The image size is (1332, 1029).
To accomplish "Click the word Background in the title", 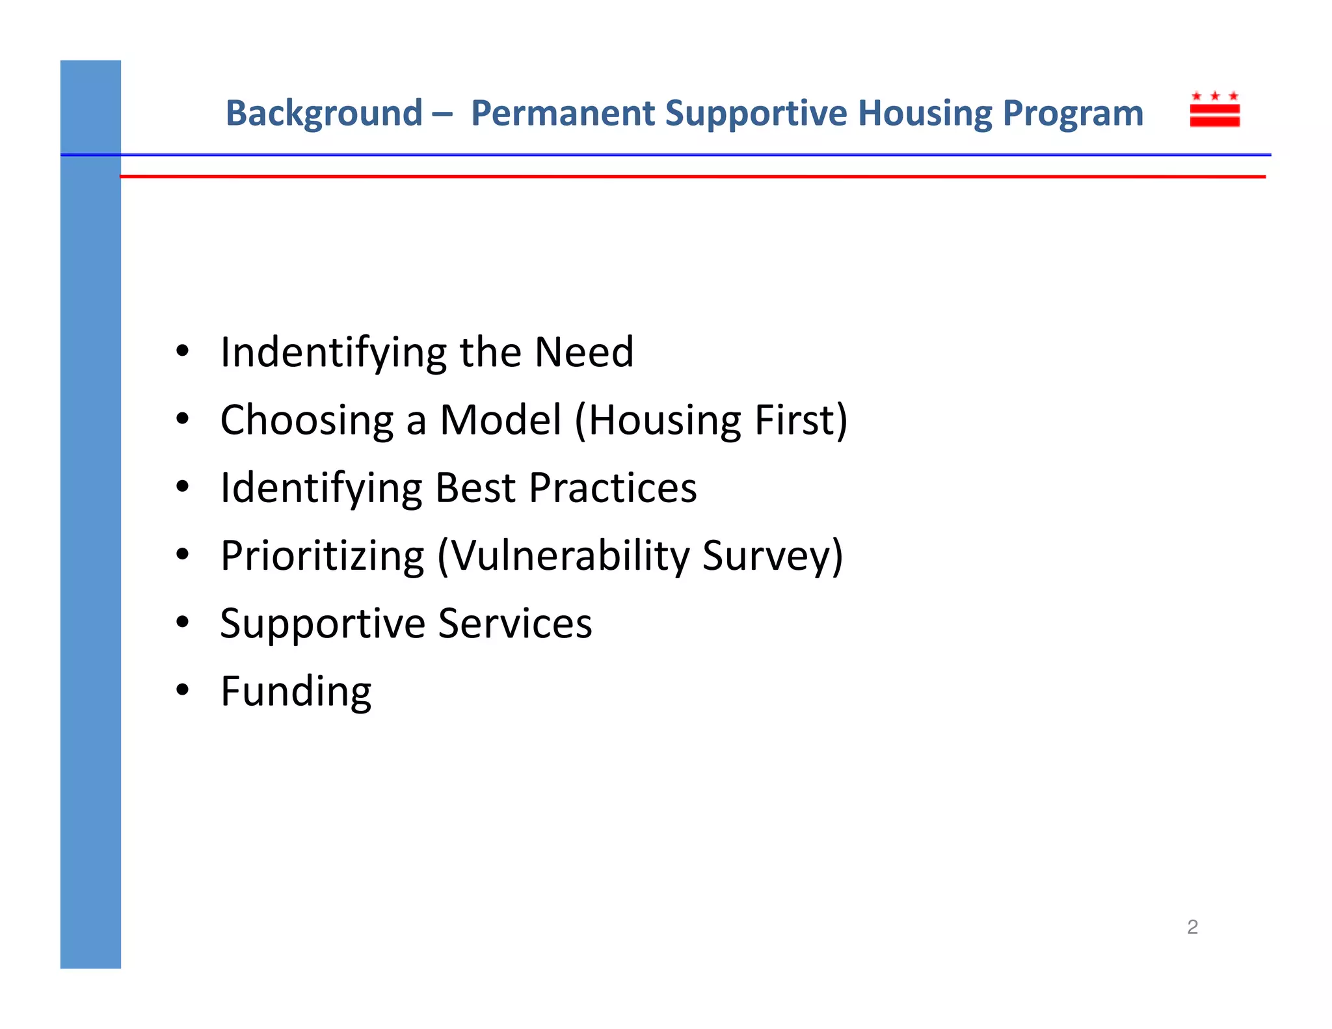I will point(324,114).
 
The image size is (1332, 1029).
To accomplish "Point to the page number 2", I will point(1192,927).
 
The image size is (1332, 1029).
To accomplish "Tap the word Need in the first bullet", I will point(583,352).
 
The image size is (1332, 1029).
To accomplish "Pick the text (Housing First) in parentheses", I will point(711,421).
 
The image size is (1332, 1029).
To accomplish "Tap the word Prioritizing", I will point(322,557).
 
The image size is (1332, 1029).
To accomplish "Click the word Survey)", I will point(773,557).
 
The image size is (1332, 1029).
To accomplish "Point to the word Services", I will point(515,624).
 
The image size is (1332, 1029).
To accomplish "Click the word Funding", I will point(296,692).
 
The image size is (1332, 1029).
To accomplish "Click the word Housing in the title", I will point(924,114).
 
